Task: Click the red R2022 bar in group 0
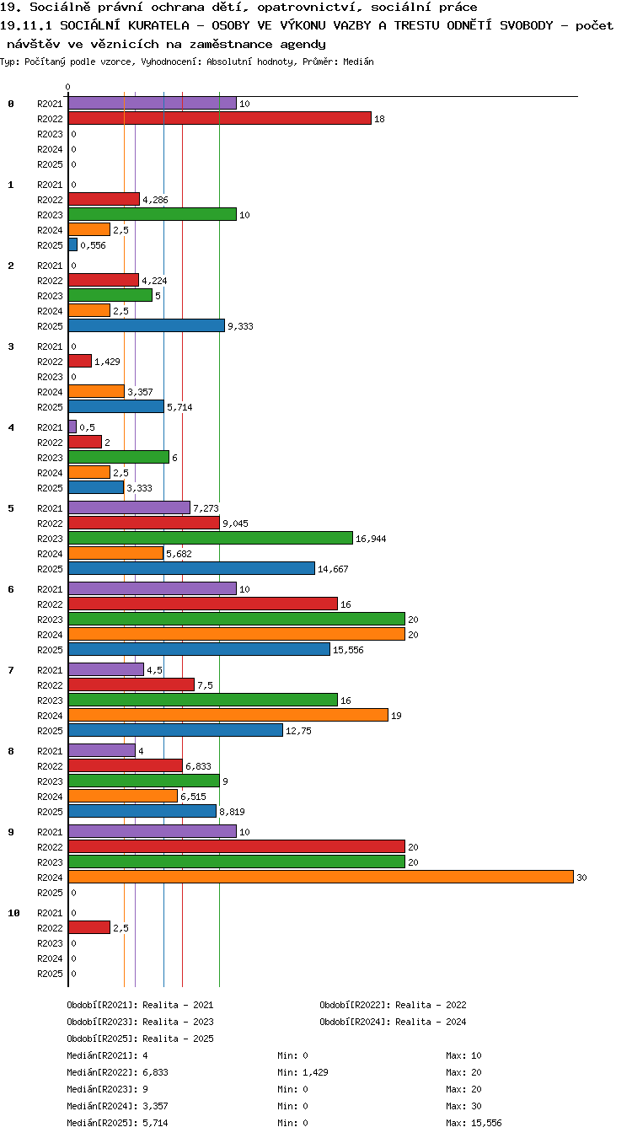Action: [219, 118]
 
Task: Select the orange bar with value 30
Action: [321, 877]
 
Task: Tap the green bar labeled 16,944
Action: [211, 538]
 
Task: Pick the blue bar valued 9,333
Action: [147, 325]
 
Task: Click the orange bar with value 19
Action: [228, 716]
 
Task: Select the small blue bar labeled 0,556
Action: [72, 244]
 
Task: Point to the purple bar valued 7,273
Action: [129, 507]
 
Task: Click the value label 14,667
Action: [333, 569]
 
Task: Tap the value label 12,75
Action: [299, 731]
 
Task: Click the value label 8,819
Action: [233, 812]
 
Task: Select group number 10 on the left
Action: [13, 913]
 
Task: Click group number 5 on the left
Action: [11, 508]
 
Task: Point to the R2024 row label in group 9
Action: [50, 878]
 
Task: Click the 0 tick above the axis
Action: [68, 87]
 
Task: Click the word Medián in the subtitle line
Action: [359, 62]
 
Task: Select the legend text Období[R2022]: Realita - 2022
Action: [393, 1005]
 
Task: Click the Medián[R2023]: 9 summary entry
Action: [108, 1089]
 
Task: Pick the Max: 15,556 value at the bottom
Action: [474, 1123]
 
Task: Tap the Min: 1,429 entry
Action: [303, 1072]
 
